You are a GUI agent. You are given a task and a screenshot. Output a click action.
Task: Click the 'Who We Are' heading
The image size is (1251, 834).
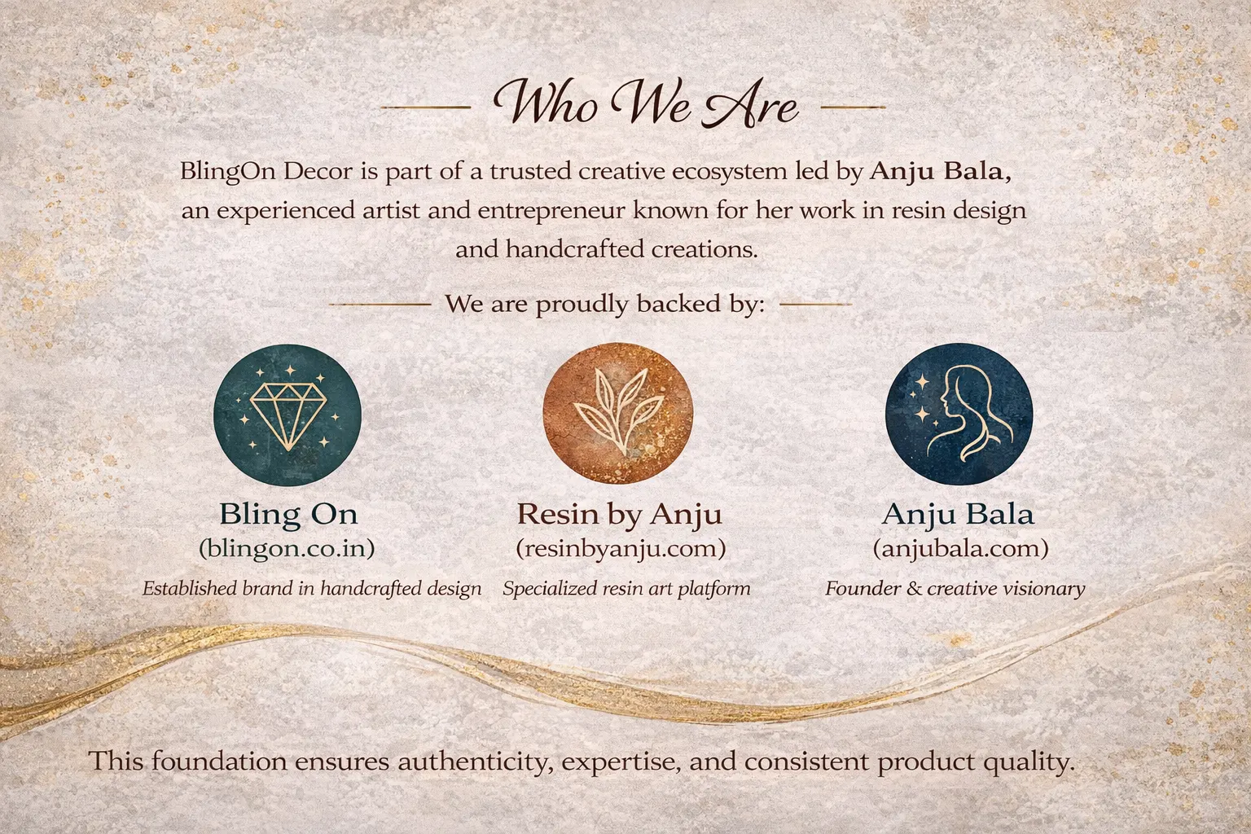(646, 103)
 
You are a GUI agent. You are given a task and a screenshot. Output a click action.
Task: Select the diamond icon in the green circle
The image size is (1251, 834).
(288, 415)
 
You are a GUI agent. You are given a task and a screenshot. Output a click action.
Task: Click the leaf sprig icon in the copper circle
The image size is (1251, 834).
(617, 415)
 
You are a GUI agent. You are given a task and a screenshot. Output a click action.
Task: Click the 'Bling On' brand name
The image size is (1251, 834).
(288, 514)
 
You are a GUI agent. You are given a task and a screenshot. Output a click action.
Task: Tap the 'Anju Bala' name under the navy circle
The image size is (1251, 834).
(959, 514)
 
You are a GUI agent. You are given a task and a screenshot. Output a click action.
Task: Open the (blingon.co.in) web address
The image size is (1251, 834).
(287, 549)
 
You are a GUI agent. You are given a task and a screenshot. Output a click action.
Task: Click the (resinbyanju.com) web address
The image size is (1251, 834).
(621, 549)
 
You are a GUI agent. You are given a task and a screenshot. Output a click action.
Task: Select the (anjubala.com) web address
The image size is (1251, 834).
(960, 549)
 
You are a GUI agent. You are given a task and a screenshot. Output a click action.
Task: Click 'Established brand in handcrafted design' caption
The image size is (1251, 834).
(312, 589)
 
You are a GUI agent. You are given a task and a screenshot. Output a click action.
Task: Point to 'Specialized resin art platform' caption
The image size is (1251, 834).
(626, 589)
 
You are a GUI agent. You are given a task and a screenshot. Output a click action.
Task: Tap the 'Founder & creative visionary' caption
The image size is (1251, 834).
(955, 589)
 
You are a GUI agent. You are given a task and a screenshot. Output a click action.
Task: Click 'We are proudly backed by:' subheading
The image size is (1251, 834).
(604, 305)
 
